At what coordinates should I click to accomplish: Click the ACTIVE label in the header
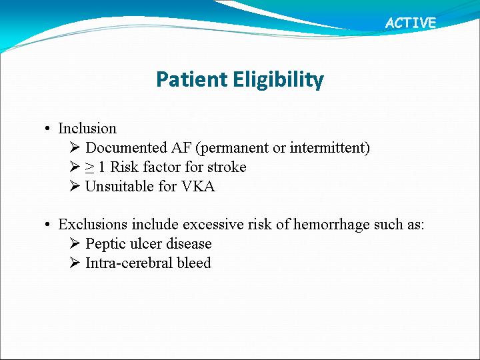pos(411,23)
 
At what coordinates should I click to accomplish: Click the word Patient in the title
pos(192,79)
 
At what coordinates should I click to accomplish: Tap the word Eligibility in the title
pos(278,80)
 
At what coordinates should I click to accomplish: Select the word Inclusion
pos(87,128)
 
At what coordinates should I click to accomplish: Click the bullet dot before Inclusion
pos(47,129)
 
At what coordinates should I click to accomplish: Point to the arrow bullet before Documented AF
pos(75,147)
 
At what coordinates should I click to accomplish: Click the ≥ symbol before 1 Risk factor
pos(89,167)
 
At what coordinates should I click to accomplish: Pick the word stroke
pos(227,167)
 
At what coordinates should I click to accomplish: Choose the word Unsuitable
pos(120,186)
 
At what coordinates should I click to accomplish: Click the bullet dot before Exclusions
pos(47,225)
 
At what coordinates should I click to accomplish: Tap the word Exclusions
pos(93,225)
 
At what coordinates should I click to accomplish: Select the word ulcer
pos(146,244)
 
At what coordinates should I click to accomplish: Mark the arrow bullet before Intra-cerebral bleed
pos(75,263)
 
